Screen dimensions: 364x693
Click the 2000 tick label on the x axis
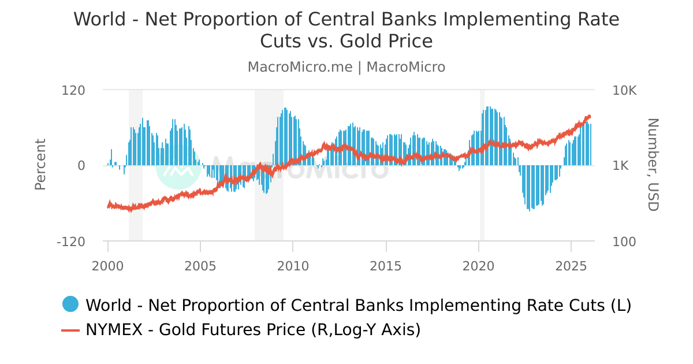coord(108,266)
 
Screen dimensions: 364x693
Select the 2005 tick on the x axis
coord(200,266)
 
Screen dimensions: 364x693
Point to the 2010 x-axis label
coord(293,266)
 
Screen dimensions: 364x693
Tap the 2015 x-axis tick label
coord(386,266)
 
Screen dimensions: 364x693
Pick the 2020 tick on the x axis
coord(478,266)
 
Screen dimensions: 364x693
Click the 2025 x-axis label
coord(571,266)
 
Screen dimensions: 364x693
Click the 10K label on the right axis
coord(624,90)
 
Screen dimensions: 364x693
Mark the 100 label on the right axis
coord(624,242)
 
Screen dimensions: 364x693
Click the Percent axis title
coord(40,165)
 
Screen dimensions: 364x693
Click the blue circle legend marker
coord(70,304)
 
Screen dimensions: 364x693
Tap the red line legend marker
coord(70,330)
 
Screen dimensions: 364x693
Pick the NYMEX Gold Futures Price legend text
coord(253,330)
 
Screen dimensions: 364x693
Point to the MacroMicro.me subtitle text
coord(300,67)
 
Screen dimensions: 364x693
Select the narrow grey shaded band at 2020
coord(482,165)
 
